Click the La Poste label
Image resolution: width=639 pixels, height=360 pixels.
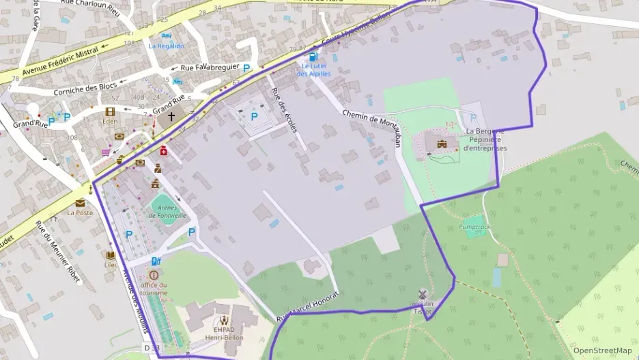pos(80,212)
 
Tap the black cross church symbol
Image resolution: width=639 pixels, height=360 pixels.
pos(171,116)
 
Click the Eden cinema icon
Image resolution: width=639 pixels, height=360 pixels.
pos(110,112)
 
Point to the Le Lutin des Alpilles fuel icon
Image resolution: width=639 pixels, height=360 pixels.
pos(313,58)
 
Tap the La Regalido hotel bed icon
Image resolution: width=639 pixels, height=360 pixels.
pos(167,36)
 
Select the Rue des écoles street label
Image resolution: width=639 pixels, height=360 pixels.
pos(287,110)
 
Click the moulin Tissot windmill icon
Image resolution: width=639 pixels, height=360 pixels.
pos(423,294)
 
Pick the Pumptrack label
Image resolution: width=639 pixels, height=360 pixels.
pos(474,226)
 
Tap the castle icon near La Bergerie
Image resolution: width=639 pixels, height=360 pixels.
pos(441,143)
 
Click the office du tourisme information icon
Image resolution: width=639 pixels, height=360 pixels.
pos(152,275)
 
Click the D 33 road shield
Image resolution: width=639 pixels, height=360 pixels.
pos(152,348)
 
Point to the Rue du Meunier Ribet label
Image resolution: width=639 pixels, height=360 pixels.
pos(57,249)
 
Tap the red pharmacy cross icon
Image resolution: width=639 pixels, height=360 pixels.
pos(164,150)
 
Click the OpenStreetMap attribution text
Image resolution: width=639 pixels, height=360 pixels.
pos(602,350)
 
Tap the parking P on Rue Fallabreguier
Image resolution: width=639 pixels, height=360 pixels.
pos(246,68)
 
